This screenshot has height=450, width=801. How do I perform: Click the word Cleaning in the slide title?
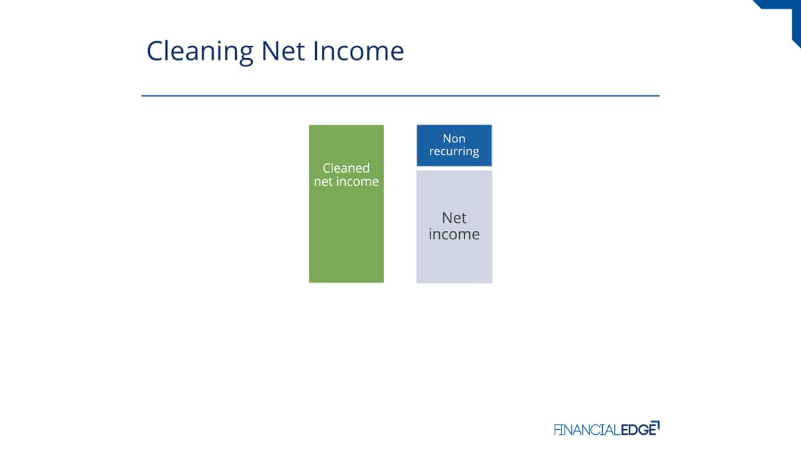pyautogui.click(x=200, y=52)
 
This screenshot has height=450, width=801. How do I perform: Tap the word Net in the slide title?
pyautogui.click(x=283, y=51)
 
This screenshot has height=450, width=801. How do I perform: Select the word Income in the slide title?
pyautogui.click(x=358, y=51)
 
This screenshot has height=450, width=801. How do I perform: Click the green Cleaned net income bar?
pyautogui.click(x=346, y=203)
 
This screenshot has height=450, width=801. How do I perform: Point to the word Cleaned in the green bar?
pyautogui.click(x=346, y=168)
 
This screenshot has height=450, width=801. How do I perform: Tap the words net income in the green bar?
pyautogui.click(x=346, y=181)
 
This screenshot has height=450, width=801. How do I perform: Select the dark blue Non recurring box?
pyautogui.click(x=454, y=145)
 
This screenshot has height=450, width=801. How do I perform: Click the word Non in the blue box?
pyautogui.click(x=454, y=138)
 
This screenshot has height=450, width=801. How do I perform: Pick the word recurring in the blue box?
pyautogui.click(x=454, y=151)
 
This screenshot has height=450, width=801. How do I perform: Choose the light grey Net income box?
pyautogui.click(x=454, y=227)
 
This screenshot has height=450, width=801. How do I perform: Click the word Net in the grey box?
pyautogui.click(x=454, y=218)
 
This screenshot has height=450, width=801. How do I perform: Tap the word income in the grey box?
pyautogui.click(x=454, y=234)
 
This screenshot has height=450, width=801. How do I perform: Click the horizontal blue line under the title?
pyautogui.click(x=400, y=96)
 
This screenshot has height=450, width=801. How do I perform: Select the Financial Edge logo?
pyautogui.click(x=607, y=429)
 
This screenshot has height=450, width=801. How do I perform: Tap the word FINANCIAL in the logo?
pyautogui.click(x=587, y=430)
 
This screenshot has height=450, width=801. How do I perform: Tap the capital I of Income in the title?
pyautogui.click(x=315, y=51)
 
